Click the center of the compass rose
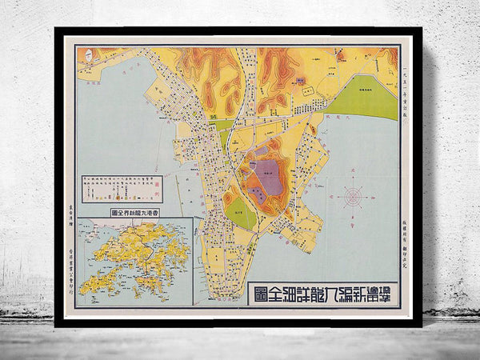pyautogui.click(x=352, y=195)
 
